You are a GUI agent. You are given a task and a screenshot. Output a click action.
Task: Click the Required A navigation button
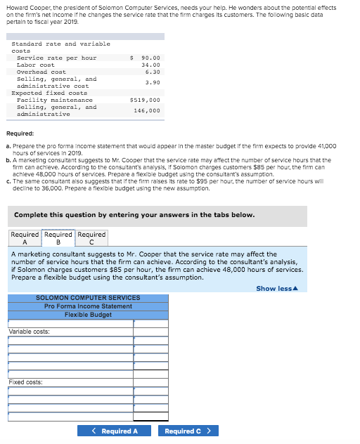click(x=115, y=431)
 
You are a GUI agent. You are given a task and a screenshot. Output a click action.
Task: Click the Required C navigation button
click(x=188, y=431)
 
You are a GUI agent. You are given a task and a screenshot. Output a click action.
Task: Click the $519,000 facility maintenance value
click(x=145, y=100)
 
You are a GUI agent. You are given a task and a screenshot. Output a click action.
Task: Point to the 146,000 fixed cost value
click(x=146, y=110)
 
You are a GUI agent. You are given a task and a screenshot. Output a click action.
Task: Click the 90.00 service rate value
click(x=150, y=58)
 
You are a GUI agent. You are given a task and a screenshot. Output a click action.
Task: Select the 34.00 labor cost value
click(x=150, y=65)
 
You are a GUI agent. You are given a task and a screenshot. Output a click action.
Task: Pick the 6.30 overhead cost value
click(x=153, y=72)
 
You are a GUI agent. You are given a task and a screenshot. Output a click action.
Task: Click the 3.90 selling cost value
click(x=153, y=82)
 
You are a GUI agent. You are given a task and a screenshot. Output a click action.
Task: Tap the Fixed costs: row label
click(x=26, y=382)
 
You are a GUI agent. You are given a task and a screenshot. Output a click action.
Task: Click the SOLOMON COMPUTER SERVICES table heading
click(x=88, y=298)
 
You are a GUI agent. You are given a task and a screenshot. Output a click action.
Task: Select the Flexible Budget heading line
click(x=88, y=315)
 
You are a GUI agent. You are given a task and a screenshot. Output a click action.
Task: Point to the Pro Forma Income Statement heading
click(x=88, y=306)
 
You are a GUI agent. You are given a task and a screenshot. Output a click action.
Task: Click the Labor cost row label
click(x=35, y=65)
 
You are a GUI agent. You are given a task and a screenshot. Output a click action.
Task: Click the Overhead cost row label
click(x=41, y=72)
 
